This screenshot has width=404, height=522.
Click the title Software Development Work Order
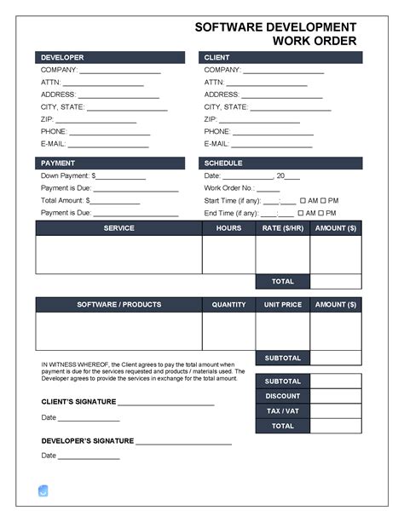275,34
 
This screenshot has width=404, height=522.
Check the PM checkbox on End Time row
324,214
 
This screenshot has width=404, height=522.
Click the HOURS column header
228,228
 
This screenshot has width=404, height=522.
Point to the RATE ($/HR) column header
282,228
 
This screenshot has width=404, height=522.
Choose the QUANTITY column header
228,304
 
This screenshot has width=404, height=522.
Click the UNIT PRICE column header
282,304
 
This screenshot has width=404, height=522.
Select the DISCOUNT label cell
282,396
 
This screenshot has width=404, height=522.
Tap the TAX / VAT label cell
282,411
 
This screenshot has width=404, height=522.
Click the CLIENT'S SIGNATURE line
165,404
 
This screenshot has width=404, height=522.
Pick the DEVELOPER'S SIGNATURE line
183,444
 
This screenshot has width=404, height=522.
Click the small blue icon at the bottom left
43,490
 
